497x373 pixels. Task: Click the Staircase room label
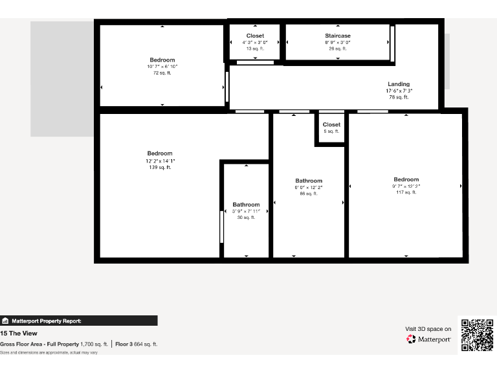coord(338,36)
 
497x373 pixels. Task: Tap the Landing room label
coord(399,84)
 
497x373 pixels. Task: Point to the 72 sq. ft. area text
coord(162,73)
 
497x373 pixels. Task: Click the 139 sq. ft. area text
coord(160,168)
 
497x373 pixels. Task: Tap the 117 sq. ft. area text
coord(406,192)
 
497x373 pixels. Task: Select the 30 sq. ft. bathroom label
coord(246,205)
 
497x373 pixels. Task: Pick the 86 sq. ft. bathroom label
coord(309,181)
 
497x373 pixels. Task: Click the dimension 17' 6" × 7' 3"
coord(399,91)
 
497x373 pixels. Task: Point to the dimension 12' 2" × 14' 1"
coord(160,161)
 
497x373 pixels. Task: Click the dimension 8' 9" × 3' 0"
coord(338,43)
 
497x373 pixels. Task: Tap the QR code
coord(477,335)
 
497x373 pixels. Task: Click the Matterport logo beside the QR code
coord(428,339)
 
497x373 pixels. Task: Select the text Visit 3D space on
coord(428,329)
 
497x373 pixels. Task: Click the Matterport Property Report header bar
coord(78,321)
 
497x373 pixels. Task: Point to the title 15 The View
coord(19,333)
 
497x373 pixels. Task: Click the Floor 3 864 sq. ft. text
coord(136,344)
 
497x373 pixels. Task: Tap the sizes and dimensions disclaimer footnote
coord(49,352)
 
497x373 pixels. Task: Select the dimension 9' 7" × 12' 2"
coord(406,186)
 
